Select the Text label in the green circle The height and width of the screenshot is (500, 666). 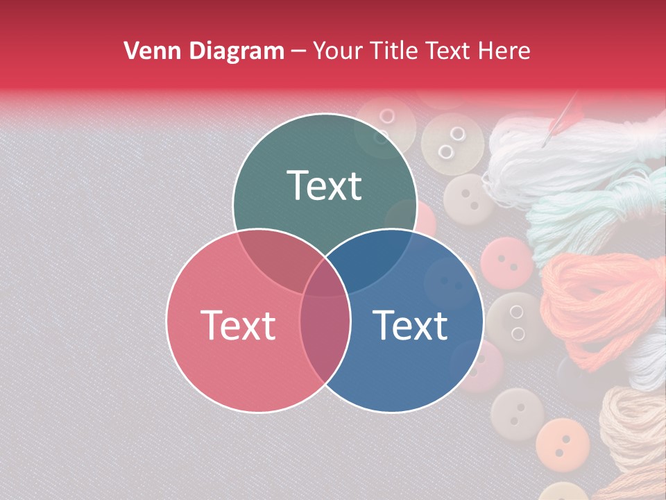[x=325, y=185]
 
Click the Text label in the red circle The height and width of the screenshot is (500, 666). [x=238, y=325]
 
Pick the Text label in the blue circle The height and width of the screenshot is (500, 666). [x=411, y=325]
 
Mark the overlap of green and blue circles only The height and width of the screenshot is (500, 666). [x=375, y=260]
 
